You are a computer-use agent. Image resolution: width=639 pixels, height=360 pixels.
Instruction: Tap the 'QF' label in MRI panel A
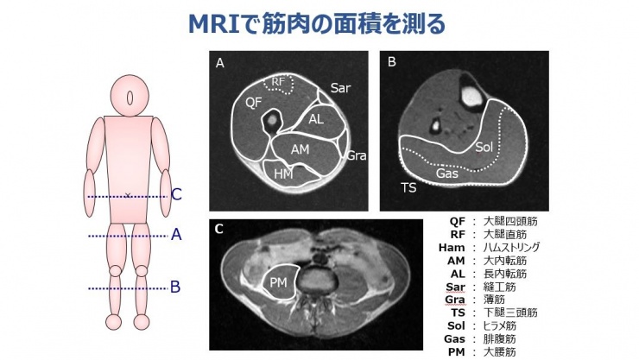(253, 102)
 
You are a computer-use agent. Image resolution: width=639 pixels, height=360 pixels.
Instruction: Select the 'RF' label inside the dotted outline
(278, 82)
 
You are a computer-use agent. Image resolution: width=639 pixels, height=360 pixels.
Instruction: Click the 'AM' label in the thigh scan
(300, 148)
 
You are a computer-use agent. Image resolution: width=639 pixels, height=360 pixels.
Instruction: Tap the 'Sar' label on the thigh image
(340, 88)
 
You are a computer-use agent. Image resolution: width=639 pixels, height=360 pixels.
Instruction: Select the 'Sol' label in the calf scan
(484, 148)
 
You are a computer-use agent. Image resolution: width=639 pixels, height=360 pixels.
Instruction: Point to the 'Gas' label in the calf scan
(447, 173)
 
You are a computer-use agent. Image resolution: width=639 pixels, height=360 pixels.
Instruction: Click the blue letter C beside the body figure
(176, 195)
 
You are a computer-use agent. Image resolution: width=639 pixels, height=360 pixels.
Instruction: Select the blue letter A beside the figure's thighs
(176, 234)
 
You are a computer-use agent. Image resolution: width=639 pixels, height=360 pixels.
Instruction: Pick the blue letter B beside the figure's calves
(176, 287)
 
